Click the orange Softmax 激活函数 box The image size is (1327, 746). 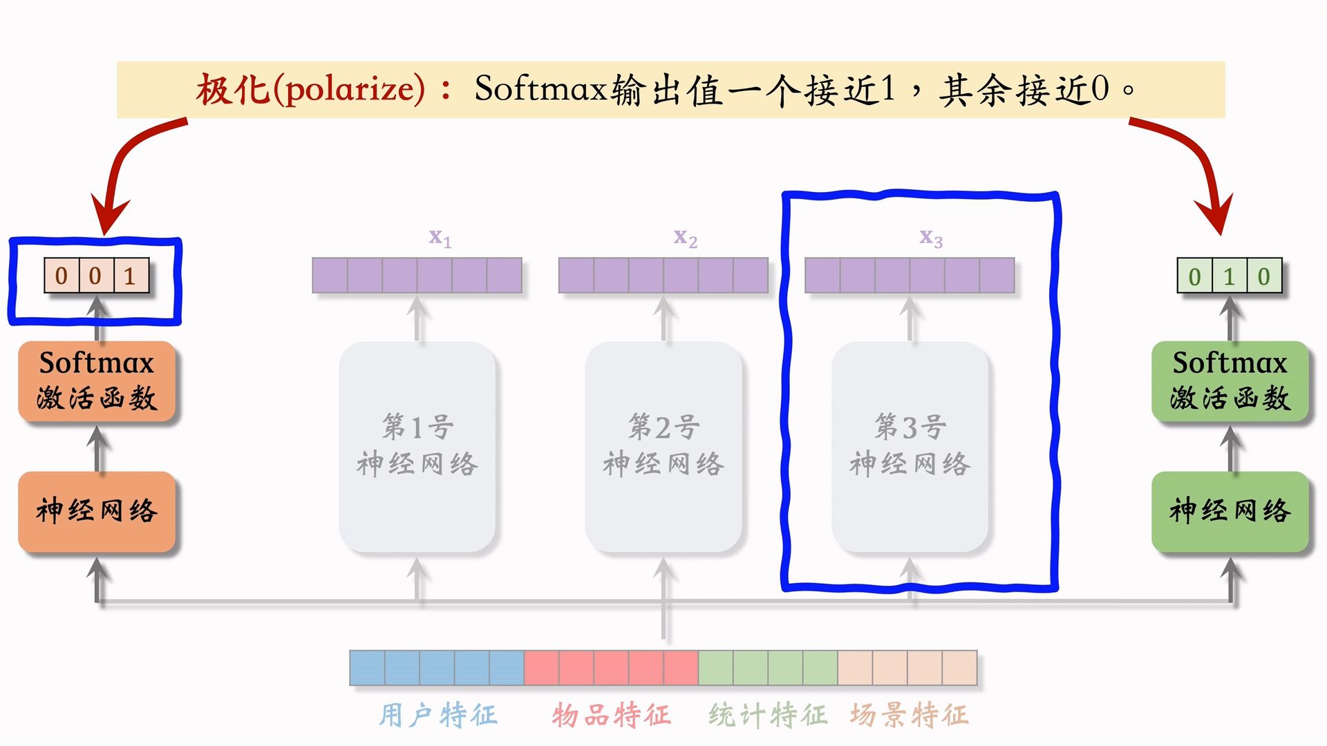click(x=97, y=381)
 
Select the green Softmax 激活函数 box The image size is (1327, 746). click(x=1230, y=381)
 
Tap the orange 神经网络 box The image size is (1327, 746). click(x=97, y=511)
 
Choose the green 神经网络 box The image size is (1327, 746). click(x=1230, y=511)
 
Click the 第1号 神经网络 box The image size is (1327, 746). click(x=417, y=446)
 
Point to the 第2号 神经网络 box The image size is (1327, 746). click(x=663, y=446)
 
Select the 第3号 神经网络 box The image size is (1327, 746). click(x=910, y=446)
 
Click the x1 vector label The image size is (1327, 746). click(x=440, y=238)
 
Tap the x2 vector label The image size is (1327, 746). click(x=685, y=238)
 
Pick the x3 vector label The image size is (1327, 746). click(x=930, y=238)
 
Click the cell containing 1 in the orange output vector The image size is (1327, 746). click(x=131, y=276)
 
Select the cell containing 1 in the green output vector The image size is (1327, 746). click(x=1229, y=276)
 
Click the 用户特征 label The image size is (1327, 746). click(x=438, y=715)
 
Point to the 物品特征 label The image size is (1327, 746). click(x=611, y=715)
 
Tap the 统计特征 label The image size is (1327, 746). click(x=767, y=715)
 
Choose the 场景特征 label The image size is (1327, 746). click(x=909, y=715)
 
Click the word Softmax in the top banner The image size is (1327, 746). click(x=540, y=89)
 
